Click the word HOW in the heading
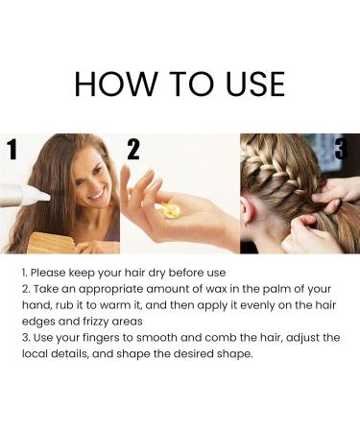[115, 84]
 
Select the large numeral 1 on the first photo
[12, 149]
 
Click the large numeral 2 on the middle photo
[133, 149]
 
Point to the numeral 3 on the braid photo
[341, 148]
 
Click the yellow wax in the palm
[169, 209]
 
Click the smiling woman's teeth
[97, 195]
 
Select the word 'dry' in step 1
[156, 274]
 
